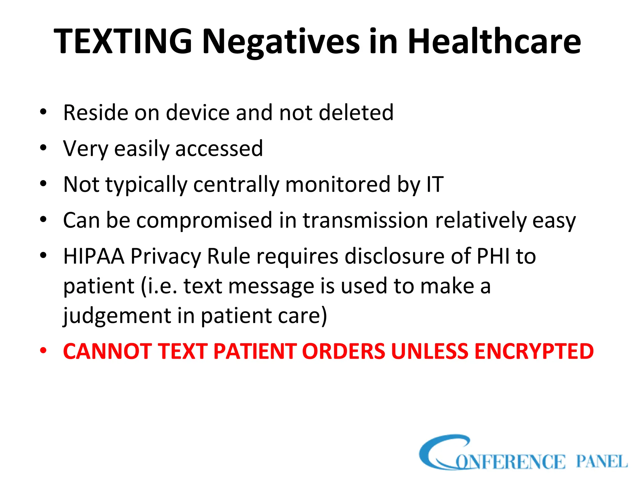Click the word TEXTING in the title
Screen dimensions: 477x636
pyautogui.click(x=123, y=41)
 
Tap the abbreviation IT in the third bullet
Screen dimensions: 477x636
pyautogui.click(x=435, y=184)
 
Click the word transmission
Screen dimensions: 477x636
pyautogui.click(x=366, y=220)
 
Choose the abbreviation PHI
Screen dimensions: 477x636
pyautogui.click(x=493, y=256)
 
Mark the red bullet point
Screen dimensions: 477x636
pyautogui.click(x=43, y=351)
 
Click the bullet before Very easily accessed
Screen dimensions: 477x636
pyautogui.click(x=43, y=148)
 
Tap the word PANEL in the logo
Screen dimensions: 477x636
pyautogui.click(x=602, y=461)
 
